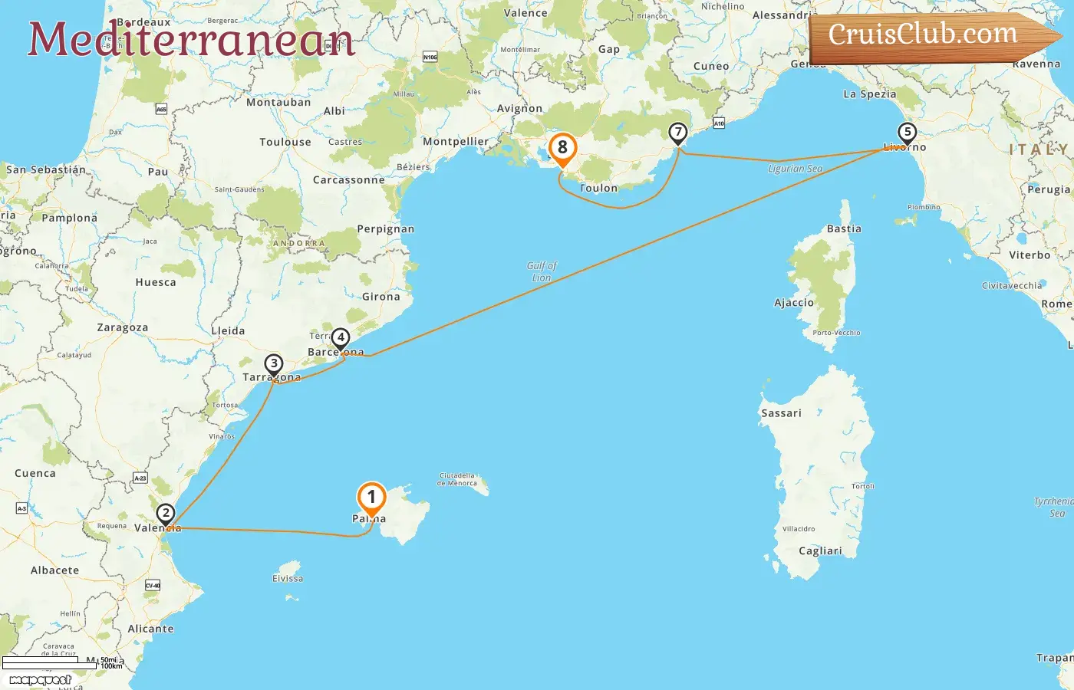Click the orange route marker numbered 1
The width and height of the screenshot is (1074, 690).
[371, 498]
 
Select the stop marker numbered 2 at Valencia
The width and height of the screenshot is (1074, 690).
[165, 514]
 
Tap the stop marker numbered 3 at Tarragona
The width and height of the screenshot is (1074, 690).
[274, 364]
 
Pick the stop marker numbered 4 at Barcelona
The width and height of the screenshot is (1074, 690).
[340, 337]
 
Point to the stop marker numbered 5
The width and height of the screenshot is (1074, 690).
[907, 133]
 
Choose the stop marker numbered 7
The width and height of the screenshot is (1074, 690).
[677, 133]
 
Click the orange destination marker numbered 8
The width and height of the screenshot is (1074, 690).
[562, 147]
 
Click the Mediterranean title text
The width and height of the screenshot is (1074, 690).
[192, 40]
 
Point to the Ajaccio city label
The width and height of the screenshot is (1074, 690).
[794, 303]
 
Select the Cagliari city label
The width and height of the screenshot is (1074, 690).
[820, 551]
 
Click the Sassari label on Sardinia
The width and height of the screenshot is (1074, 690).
[781, 413]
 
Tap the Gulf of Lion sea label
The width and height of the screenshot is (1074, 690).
[542, 271]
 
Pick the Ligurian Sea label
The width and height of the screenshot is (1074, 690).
[795, 169]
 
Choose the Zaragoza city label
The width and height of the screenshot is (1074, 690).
[122, 327]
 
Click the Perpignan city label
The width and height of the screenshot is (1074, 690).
[385, 229]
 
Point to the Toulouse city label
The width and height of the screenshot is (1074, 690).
[285, 142]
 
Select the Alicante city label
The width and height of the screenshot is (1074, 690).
[150, 629]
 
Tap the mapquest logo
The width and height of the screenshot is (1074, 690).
[40, 680]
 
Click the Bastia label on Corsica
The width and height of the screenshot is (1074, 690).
[844, 229]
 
